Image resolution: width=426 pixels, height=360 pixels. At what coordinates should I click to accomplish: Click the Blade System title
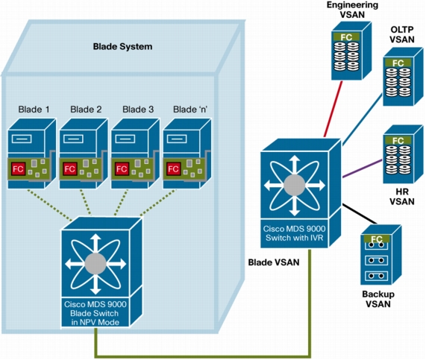tap(122, 47)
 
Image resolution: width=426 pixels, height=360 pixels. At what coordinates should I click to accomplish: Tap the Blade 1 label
tap(34, 110)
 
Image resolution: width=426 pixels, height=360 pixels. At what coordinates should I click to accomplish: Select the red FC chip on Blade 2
tap(70, 169)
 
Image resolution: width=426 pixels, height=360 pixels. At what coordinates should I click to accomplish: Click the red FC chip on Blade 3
tap(122, 169)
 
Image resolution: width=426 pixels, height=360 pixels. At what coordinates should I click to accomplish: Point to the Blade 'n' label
tap(190, 110)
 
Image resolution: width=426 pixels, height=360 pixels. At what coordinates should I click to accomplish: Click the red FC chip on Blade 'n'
tap(173, 169)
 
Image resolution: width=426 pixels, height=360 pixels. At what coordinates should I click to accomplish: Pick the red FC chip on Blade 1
tap(18, 169)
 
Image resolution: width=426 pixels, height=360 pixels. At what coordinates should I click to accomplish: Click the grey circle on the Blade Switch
tap(95, 264)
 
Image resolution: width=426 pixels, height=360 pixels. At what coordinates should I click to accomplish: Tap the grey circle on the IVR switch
tap(294, 185)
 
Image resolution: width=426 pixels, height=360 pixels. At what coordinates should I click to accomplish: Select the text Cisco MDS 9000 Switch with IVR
tap(294, 233)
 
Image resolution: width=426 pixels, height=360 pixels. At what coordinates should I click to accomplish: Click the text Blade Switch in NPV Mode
tap(95, 318)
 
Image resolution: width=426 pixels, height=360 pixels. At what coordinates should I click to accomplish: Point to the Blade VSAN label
tap(274, 262)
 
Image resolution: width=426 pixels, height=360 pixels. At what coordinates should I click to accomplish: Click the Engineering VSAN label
tap(352, 10)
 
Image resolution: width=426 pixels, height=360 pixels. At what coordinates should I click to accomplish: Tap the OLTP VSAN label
tap(402, 34)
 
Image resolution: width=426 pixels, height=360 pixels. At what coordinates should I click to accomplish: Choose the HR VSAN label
tap(402, 197)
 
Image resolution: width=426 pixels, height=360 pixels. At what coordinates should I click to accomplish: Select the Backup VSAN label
tap(378, 299)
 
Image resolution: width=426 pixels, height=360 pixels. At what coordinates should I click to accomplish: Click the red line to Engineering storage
tap(333, 109)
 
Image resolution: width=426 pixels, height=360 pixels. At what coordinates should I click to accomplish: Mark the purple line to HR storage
tap(362, 169)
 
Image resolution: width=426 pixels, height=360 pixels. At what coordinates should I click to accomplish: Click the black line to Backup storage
tap(360, 214)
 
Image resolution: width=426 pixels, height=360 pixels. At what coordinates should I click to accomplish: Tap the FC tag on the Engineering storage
tap(346, 37)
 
